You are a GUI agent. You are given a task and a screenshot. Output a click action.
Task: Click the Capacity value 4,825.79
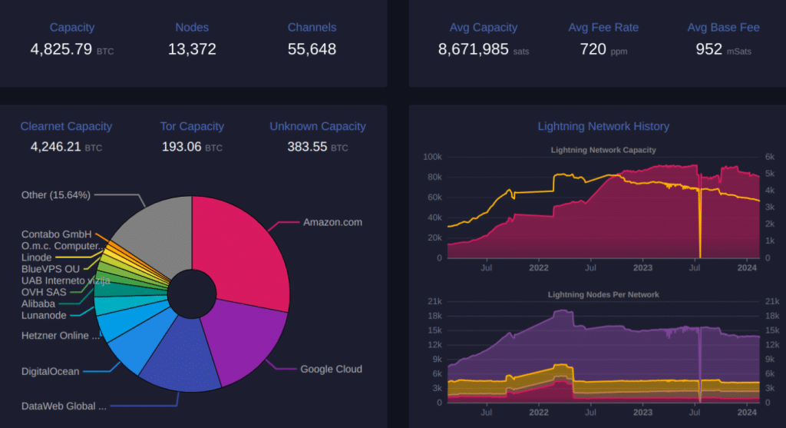(x=61, y=50)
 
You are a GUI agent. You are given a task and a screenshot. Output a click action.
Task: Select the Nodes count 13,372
(x=192, y=50)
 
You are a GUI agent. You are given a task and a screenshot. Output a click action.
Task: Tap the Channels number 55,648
(x=312, y=50)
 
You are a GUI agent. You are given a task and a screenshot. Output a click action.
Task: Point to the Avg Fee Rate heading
(x=603, y=28)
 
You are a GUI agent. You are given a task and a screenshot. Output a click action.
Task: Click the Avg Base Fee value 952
(x=708, y=50)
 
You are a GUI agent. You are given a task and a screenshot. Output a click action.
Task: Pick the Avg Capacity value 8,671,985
(x=474, y=50)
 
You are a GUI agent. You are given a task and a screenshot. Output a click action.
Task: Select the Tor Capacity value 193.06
(x=181, y=147)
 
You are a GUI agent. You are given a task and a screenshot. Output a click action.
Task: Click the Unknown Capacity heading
(x=318, y=126)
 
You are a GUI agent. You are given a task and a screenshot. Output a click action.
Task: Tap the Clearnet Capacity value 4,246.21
(x=56, y=147)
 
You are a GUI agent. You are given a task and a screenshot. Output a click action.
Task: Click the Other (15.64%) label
(x=56, y=195)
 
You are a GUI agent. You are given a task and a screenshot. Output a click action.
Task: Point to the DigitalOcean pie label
(x=50, y=372)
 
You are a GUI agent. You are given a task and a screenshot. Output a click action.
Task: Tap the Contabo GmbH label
(x=57, y=234)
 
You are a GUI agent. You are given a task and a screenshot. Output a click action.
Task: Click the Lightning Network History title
(x=603, y=126)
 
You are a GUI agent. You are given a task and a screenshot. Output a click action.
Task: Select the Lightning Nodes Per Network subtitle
(x=603, y=294)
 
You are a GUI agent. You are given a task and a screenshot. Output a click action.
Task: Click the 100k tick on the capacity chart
(x=432, y=157)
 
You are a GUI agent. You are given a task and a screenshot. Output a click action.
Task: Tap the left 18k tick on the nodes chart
(x=434, y=316)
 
